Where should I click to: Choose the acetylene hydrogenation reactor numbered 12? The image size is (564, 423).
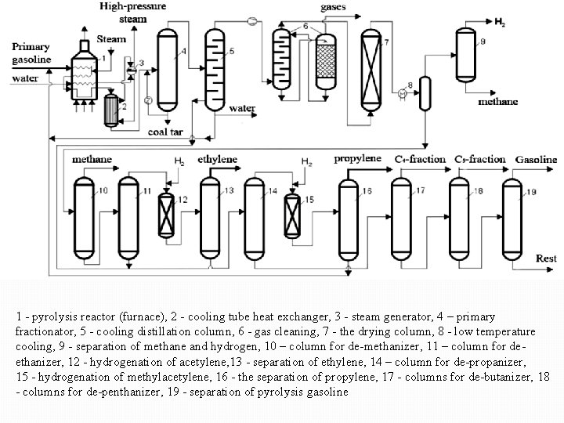click(166, 214)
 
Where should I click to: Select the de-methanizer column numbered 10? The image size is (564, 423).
click(84, 215)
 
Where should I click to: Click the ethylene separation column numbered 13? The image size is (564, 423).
click(209, 215)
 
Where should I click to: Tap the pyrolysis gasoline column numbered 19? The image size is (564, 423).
click(512, 215)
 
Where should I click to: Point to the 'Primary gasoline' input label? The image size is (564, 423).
click(31, 52)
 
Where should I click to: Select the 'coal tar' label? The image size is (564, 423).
click(166, 132)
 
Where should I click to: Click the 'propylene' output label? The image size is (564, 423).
click(357, 158)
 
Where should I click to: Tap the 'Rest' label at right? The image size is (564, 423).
click(547, 258)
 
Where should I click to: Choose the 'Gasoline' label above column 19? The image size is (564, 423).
click(536, 159)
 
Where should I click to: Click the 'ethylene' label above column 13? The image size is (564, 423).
click(217, 159)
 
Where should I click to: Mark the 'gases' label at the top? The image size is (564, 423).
click(334, 7)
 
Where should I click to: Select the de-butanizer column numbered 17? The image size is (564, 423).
click(401, 215)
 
